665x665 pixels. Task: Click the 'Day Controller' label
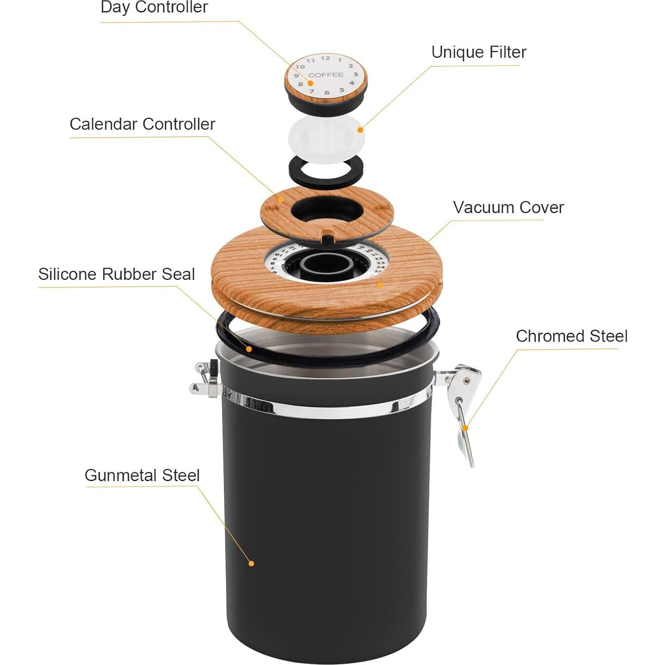tap(154, 8)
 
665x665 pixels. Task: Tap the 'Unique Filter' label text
tap(478, 52)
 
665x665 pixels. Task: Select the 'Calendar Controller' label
tap(142, 124)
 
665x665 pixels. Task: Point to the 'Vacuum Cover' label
tap(508, 207)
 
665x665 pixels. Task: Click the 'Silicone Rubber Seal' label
tap(116, 274)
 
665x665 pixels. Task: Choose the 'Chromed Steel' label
tap(571, 336)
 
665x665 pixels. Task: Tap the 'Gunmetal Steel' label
tap(142, 475)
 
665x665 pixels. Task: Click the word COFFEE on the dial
tap(326, 75)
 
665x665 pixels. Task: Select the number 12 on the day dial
tap(326, 58)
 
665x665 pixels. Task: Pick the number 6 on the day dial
tap(327, 93)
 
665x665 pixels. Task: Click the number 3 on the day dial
tap(355, 74)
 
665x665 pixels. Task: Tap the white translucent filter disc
tap(327, 135)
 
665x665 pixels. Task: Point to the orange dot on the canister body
tap(251, 563)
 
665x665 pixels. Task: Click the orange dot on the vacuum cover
tap(379, 285)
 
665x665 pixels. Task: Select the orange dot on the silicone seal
tap(249, 349)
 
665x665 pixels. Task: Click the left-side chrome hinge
tap(205, 380)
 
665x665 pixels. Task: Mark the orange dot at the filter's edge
tap(360, 130)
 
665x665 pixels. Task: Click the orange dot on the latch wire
tap(465, 428)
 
